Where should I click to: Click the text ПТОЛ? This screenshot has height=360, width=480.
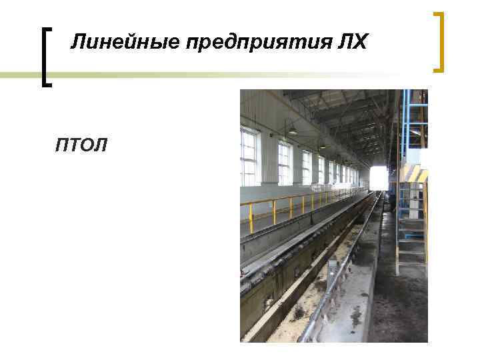pos(81,145)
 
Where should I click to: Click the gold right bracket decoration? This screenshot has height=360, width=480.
pos(439,41)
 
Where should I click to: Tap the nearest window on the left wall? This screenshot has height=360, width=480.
pos(249,158)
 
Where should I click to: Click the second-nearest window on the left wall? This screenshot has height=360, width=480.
pos(285,164)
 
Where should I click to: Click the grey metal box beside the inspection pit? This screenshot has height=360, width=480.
pos(332,266)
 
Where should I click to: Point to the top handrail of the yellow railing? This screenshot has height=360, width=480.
pos(293,198)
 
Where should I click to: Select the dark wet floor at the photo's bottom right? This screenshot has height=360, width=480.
pos(400,313)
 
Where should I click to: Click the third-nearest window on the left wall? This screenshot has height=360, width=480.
pos(306,167)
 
